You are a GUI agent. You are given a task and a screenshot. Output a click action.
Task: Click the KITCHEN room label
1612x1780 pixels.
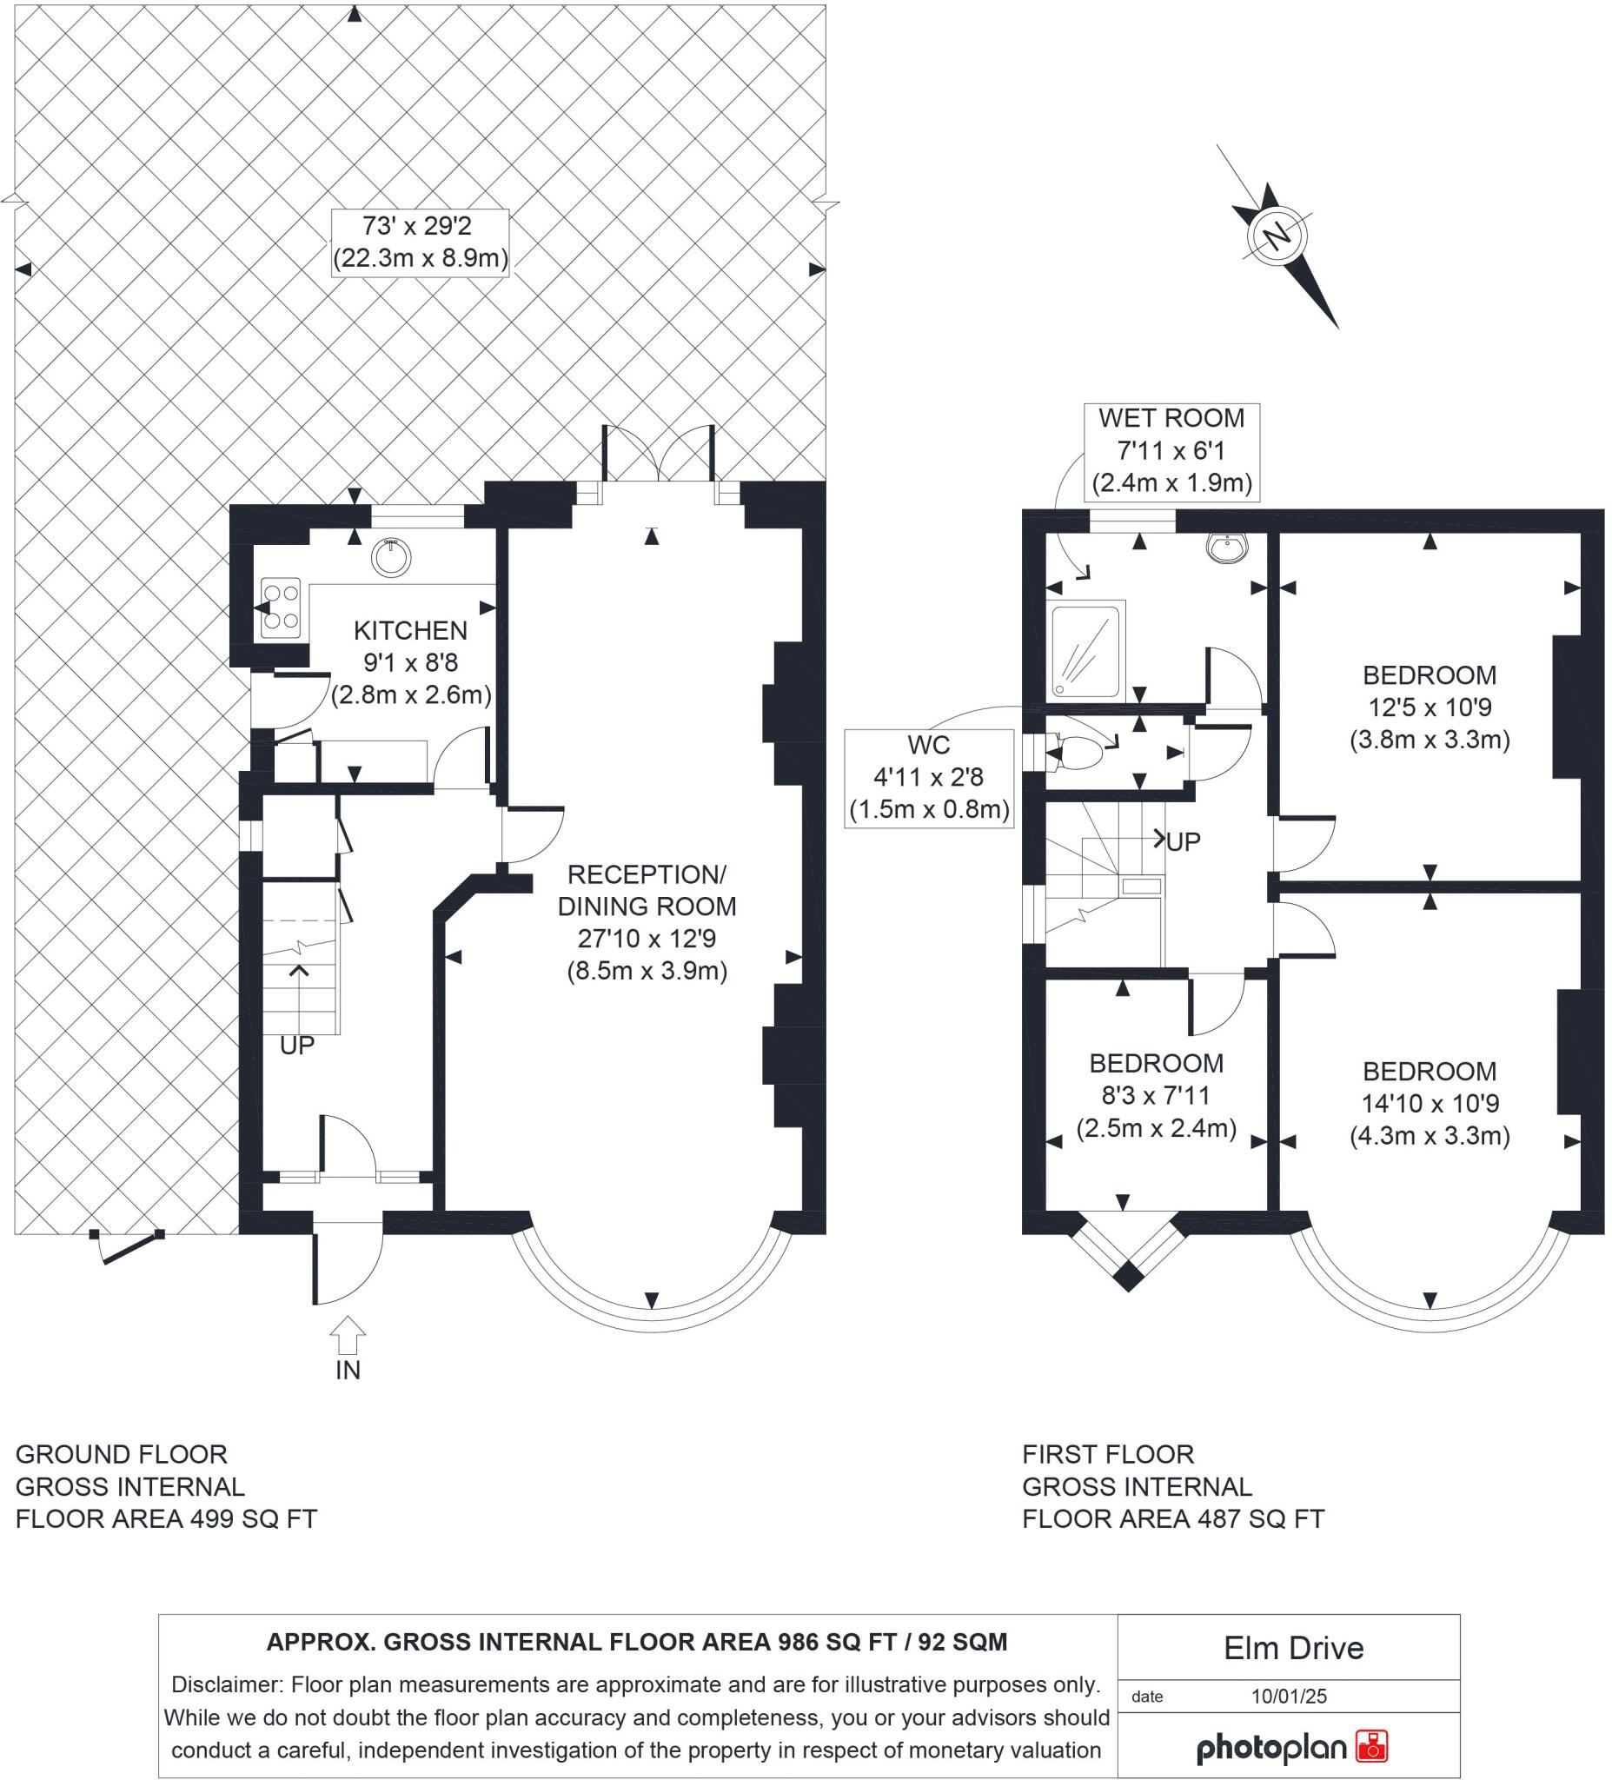[410, 630]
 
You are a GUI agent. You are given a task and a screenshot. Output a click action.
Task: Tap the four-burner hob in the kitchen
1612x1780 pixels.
[281, 608]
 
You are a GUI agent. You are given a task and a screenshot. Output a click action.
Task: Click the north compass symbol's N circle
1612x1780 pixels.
[1277, 236]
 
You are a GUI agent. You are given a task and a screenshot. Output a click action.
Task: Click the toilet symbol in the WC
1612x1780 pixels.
[1078, 754]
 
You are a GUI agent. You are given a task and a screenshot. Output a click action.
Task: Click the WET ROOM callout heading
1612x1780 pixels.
[1171, 418]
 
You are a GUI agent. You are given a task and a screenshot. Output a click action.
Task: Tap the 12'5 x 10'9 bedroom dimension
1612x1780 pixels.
[1430, 707]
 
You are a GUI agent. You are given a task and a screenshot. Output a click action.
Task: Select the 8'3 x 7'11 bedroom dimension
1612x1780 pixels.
[1156, 1096]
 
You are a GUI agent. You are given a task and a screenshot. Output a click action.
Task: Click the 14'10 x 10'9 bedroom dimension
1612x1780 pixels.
[1430, 1104]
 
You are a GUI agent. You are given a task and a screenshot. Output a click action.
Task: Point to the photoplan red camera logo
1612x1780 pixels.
[1372, 1747]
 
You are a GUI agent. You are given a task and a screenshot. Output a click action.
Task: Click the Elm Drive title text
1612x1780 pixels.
[1293, 1649]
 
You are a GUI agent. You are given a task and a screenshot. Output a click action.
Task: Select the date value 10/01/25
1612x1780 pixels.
[1289, 1696]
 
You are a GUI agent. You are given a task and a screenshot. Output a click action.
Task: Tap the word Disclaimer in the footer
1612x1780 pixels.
[225, 1684]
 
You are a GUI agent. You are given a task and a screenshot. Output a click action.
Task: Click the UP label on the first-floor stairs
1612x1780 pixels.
[1183, 842]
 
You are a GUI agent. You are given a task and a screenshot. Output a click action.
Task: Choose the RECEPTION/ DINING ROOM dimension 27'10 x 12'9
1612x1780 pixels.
[647, 939]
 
